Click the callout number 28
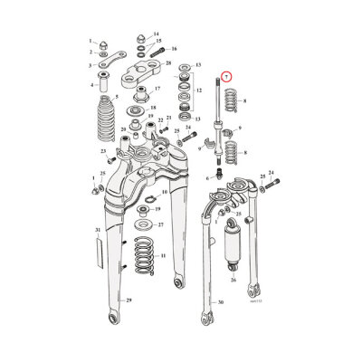tap(168, 65)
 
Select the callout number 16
tap(174, 48)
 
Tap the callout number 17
tap(157, 90)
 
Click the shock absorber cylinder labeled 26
tap(234, 250)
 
